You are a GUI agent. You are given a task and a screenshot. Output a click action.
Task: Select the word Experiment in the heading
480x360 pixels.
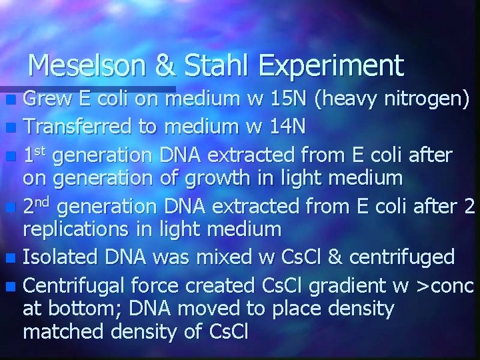(x=331, y=65)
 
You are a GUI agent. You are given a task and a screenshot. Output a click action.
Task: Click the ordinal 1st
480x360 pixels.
(x=35, y=155)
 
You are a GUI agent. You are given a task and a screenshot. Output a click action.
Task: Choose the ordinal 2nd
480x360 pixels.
(x=38, y=207)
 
